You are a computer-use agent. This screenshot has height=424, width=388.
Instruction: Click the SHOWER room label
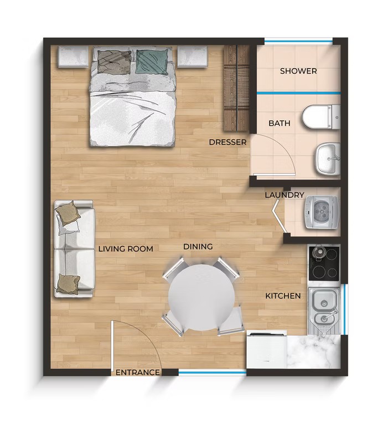pyautogui.click(x=298, y=71)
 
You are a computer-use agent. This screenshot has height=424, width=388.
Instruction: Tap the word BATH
pyautogui.click(x=280, y=123)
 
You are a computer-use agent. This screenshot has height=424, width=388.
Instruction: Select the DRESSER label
pyautogui.click(x=227, y=142)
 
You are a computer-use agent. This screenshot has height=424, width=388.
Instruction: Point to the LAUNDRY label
pyautogui.click(x=284, y=195)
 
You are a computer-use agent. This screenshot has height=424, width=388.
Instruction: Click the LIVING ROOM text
pyautogui.click(x=126, y=249)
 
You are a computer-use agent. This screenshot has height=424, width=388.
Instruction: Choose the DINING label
pyautogui.click(x=198, y=247)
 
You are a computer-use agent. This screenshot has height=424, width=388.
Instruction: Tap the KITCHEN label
pyautogui.click(x=283, y=296)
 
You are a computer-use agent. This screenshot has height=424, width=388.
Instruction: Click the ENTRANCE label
pyautogui.click(x=138, y=373)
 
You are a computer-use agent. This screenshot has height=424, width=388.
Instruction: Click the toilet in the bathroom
pyautogui.click(x=321, y=117)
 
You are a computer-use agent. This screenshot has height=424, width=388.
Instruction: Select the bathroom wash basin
pyautogui.click(x=328, y=159)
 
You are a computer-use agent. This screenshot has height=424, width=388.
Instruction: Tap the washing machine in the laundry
pyautogui.click(x=322, y=212)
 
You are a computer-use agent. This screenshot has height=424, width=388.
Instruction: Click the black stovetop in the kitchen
pyautogui.click(x=324, y=263)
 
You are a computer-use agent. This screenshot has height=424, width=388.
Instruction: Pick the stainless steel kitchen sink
pyautogui.click(x=324, y=311)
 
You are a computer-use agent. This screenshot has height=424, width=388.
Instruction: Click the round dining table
pyautogui.click(x=201, y=297)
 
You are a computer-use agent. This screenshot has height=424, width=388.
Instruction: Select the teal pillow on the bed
pyautogui.click(x=152, y=62)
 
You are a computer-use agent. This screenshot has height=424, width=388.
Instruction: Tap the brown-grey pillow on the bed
pyautogui.click(x=115, y=62)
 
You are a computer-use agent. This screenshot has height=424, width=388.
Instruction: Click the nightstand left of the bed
pyautogui.click(x=73, y=56)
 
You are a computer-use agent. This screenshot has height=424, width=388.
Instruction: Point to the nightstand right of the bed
pyautogui.click(x=193, y=56)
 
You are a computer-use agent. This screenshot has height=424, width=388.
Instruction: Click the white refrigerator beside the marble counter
pyautogui.click(x=266, y=350)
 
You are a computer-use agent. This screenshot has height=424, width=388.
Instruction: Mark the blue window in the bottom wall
pyautogui.click(x=212, y=373)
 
